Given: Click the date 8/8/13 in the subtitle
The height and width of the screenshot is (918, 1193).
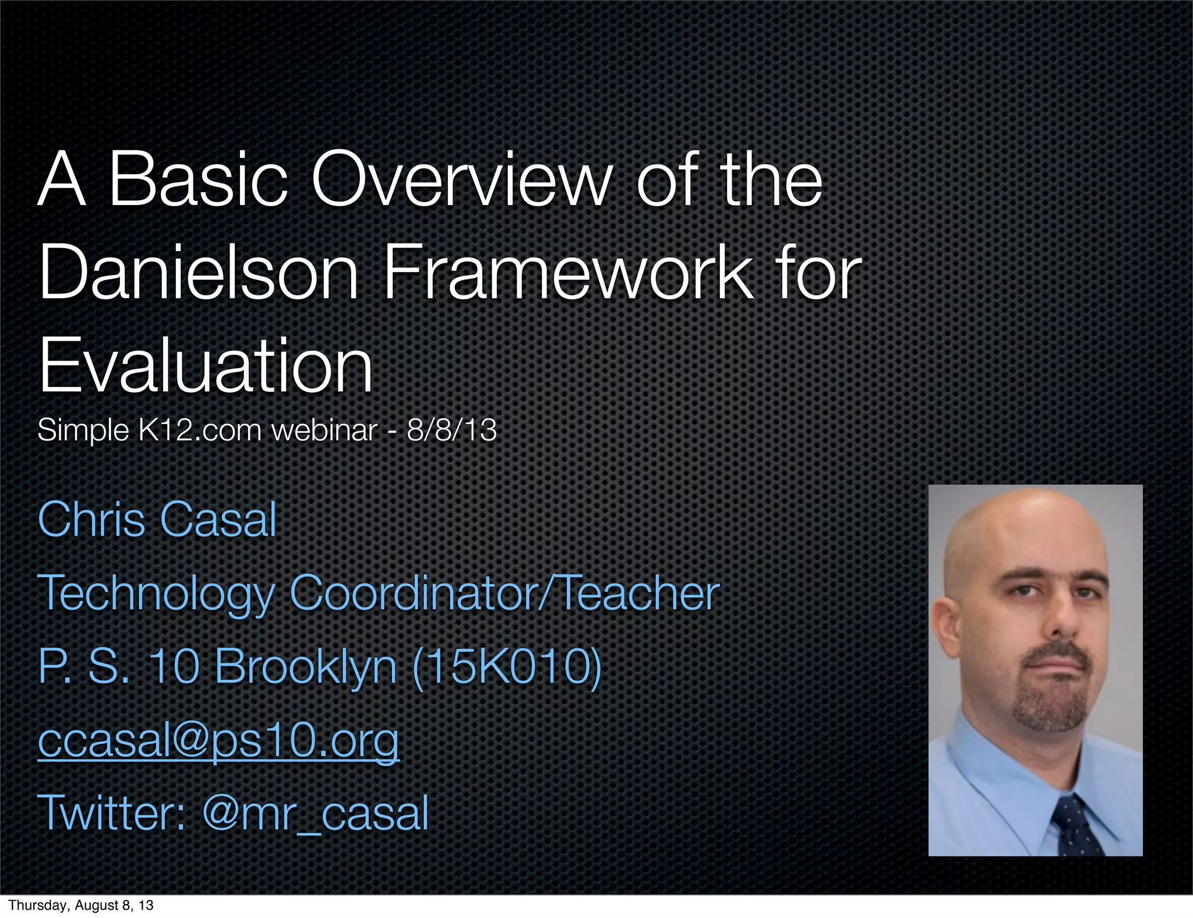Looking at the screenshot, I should (x=451, y=430).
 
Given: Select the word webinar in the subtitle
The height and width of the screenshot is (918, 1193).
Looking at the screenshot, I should (x=324, y=430).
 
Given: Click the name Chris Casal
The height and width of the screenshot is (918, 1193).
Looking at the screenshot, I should (x=157, y=520).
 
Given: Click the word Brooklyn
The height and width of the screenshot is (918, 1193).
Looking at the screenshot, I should (x=306, y=666).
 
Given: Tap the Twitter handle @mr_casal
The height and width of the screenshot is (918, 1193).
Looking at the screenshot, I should (x=315, y=813).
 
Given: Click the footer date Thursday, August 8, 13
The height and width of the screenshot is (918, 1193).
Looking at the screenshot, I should (x=81, y=905).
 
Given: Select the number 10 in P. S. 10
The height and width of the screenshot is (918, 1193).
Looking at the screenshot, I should (x=174, y=666).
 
